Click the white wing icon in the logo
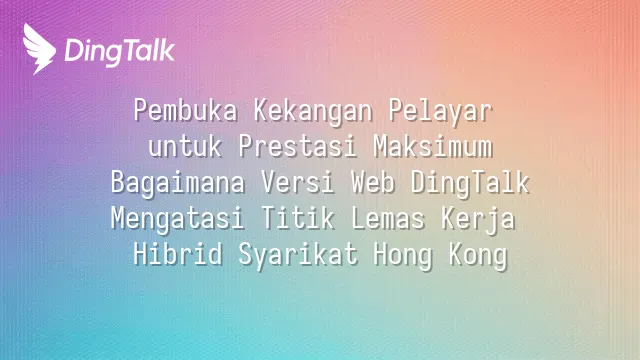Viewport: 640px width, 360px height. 39,49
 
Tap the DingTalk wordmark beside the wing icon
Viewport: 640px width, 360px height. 120,52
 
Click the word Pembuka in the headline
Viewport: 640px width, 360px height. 185,111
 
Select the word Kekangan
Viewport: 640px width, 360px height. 313,111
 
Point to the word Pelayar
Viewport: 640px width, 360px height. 440,111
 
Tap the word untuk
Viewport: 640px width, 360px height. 185,147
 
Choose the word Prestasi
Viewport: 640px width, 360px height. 298,147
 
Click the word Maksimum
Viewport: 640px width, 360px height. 433,147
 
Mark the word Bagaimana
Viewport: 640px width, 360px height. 178,183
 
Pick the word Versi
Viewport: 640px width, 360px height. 298,182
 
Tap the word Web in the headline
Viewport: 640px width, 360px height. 373,182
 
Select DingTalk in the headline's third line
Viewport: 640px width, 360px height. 470,183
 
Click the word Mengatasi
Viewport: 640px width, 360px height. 178,219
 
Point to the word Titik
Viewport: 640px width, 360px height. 298,218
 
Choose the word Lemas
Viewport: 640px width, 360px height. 388,218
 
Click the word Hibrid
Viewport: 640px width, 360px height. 178,254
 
